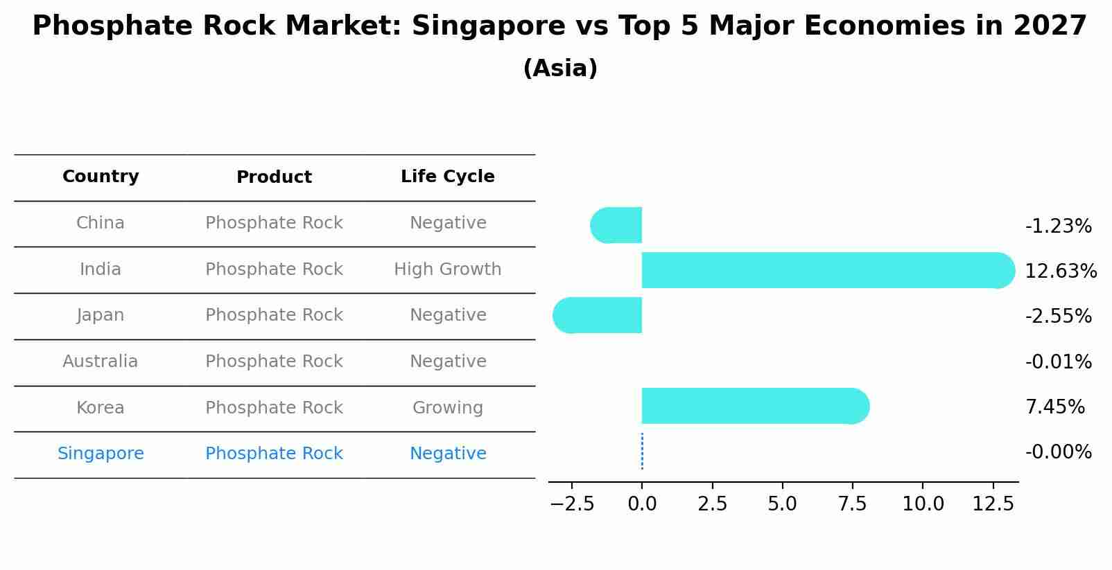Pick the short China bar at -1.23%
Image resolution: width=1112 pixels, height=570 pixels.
pos(617,225)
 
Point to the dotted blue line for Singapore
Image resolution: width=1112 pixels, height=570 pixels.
pos(642,452)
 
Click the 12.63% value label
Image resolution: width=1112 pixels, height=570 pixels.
pos(1060,271)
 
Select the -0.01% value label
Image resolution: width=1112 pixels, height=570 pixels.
pos(1058,362)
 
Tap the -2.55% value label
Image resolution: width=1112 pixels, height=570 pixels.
pos(1058,317)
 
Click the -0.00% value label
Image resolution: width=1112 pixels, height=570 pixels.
pos(1058,452)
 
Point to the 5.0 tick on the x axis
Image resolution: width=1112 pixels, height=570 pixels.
pos(782,504)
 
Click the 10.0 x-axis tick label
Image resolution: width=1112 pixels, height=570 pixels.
pos(922,504)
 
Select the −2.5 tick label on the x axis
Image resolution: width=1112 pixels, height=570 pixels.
pos(572,504)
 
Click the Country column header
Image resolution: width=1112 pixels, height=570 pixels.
pos(101,177)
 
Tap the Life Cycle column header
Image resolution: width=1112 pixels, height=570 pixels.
pos(447,177)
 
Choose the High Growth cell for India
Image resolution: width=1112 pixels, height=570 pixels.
pos(447,269)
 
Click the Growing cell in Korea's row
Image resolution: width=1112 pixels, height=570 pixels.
pos(447,408)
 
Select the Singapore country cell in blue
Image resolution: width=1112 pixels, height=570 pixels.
pos(101,454)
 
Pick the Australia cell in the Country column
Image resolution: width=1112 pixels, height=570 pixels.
pos(101,362)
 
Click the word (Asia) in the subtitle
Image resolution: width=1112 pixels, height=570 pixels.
pos(560,69)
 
